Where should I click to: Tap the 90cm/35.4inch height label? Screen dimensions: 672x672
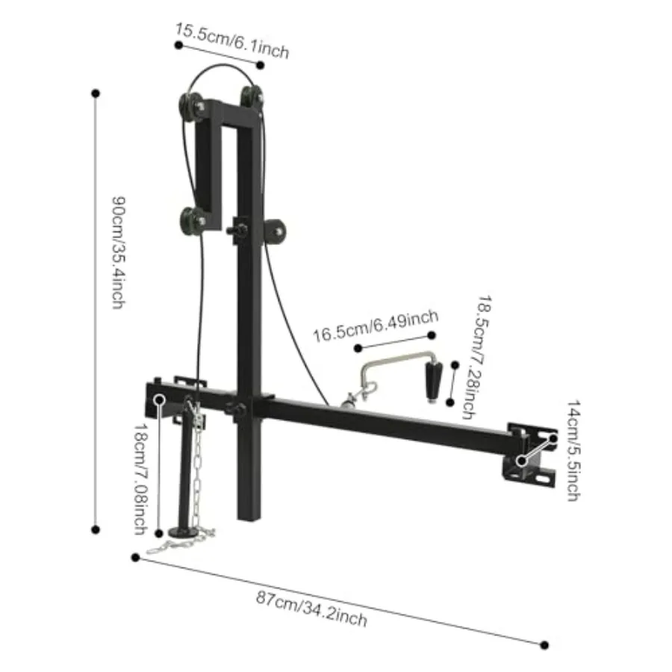119,254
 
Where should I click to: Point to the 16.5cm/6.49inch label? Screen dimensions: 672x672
375,326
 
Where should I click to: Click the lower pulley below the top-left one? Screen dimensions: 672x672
193,220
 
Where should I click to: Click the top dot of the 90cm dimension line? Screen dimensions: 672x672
96,93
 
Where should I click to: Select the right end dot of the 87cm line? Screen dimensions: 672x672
544,644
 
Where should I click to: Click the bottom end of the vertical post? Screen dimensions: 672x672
247,515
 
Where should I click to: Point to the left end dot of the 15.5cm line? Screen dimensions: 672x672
178,45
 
